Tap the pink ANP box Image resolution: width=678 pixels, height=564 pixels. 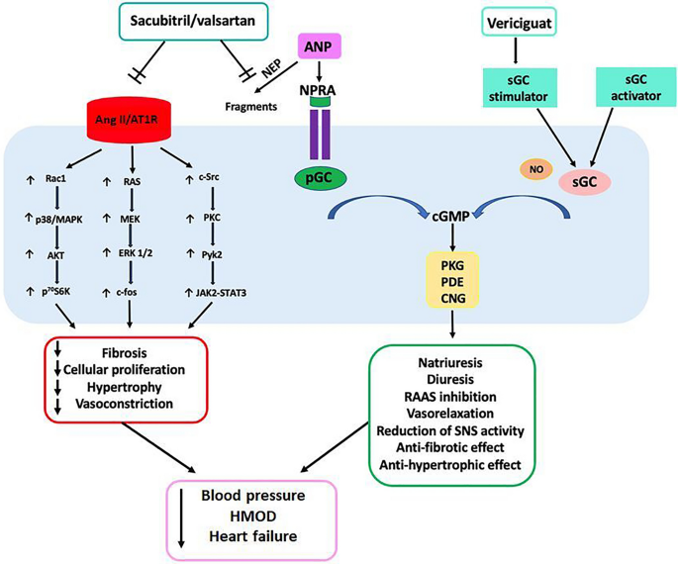[320, 46]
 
